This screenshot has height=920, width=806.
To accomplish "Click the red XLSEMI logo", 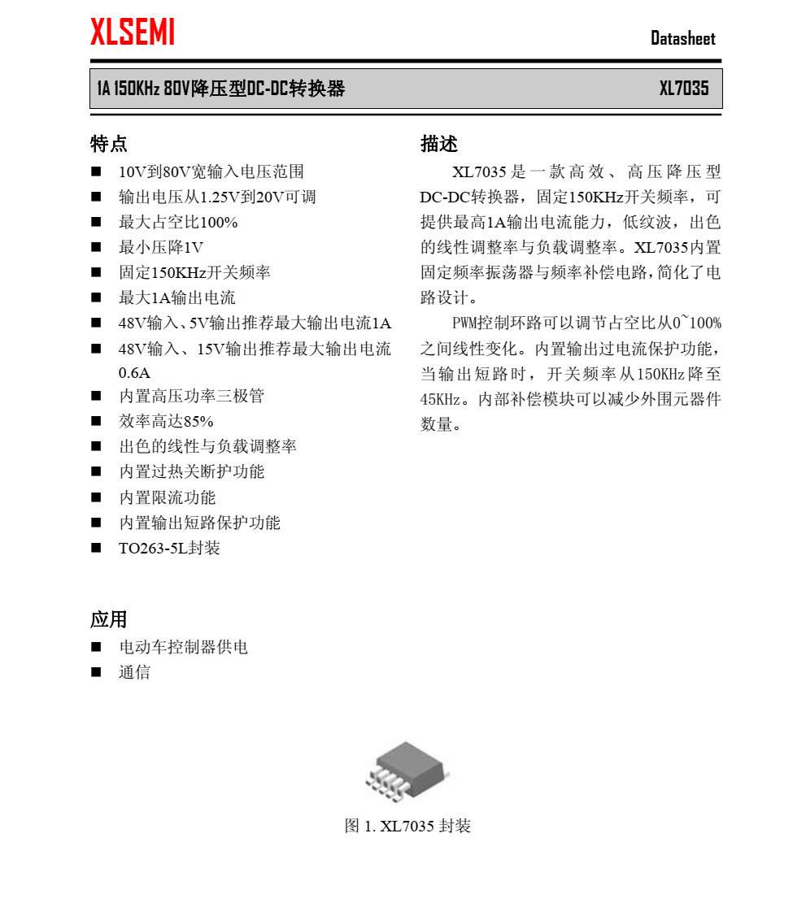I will click(133, 33).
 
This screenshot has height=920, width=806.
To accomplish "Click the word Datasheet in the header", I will click(682, 38).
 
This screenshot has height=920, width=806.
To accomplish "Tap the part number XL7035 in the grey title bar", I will click(683, 89).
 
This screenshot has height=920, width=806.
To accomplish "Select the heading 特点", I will click(108, 144).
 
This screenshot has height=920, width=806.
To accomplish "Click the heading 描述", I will click(439, 144).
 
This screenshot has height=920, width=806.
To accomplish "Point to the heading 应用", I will click(108, 619).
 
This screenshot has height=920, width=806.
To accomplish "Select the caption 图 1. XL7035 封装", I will click(407, 826).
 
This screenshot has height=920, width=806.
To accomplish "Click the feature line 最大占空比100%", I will click(178, 222).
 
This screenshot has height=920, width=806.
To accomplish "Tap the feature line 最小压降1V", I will click(161, 247).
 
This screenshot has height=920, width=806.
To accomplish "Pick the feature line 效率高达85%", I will click(166, 421).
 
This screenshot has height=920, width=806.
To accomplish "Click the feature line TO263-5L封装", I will click(169, 548).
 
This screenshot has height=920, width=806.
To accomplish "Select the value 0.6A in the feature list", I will click(135, 373).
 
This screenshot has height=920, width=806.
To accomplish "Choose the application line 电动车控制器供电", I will click(183, 647).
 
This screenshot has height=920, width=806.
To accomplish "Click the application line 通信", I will click(135, 672).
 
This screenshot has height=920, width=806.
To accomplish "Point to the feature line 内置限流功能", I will click(168, 497).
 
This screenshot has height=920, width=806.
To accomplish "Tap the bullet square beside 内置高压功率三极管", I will click(96, 396).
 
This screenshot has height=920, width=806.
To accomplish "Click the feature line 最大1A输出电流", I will click(177, 297).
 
